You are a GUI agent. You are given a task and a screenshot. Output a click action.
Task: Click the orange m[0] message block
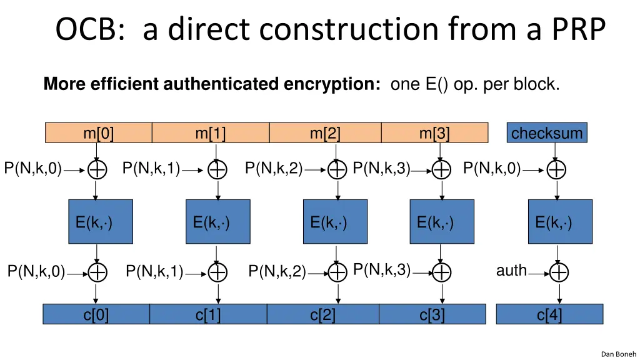[x=98, y=132]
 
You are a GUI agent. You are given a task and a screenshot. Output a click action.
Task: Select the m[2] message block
[x=325, y=132]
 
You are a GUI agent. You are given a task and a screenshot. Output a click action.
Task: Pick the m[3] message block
[x=435, y=132]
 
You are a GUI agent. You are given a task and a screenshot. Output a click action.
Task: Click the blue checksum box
[x=547, y=132]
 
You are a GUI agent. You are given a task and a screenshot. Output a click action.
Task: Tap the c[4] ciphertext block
[x=549, y=314]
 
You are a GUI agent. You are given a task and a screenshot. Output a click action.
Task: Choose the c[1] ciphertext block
[x=208, y=314]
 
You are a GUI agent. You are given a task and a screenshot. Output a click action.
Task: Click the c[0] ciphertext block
[x=96, y=314]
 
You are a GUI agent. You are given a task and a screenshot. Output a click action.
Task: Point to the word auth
[x=511, y=270]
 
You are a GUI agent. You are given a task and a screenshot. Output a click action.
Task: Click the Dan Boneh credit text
[x=618, y=354]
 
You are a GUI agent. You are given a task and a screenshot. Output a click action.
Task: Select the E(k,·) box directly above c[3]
[x=442, y=222]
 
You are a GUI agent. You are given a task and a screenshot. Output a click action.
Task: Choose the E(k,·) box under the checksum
[x=560, y=222]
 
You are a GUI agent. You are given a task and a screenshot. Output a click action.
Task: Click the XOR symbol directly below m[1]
[x=217, y=169]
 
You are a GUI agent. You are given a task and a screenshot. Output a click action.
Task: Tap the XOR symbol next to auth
[x=559, y=272]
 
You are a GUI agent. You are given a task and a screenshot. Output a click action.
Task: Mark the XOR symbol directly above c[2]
[x=337, y=272]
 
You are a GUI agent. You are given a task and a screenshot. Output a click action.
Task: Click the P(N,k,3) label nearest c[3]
[x=382, y=270]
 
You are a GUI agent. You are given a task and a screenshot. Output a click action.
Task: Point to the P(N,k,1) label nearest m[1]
[x=151, y=168]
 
